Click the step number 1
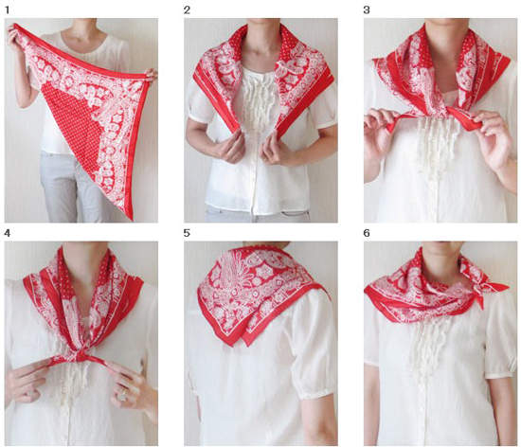click(8, 10)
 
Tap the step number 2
click(187, 10)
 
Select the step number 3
click(367, 10)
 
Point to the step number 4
click(8, 233)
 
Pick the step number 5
click(187, 233)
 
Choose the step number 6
click(367, 233)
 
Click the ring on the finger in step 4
click(123, 395)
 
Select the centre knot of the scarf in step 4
click(79, 357)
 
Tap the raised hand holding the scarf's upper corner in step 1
click(14, 37)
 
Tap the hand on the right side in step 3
click(491, 138)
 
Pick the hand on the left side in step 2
click(231, 149)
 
